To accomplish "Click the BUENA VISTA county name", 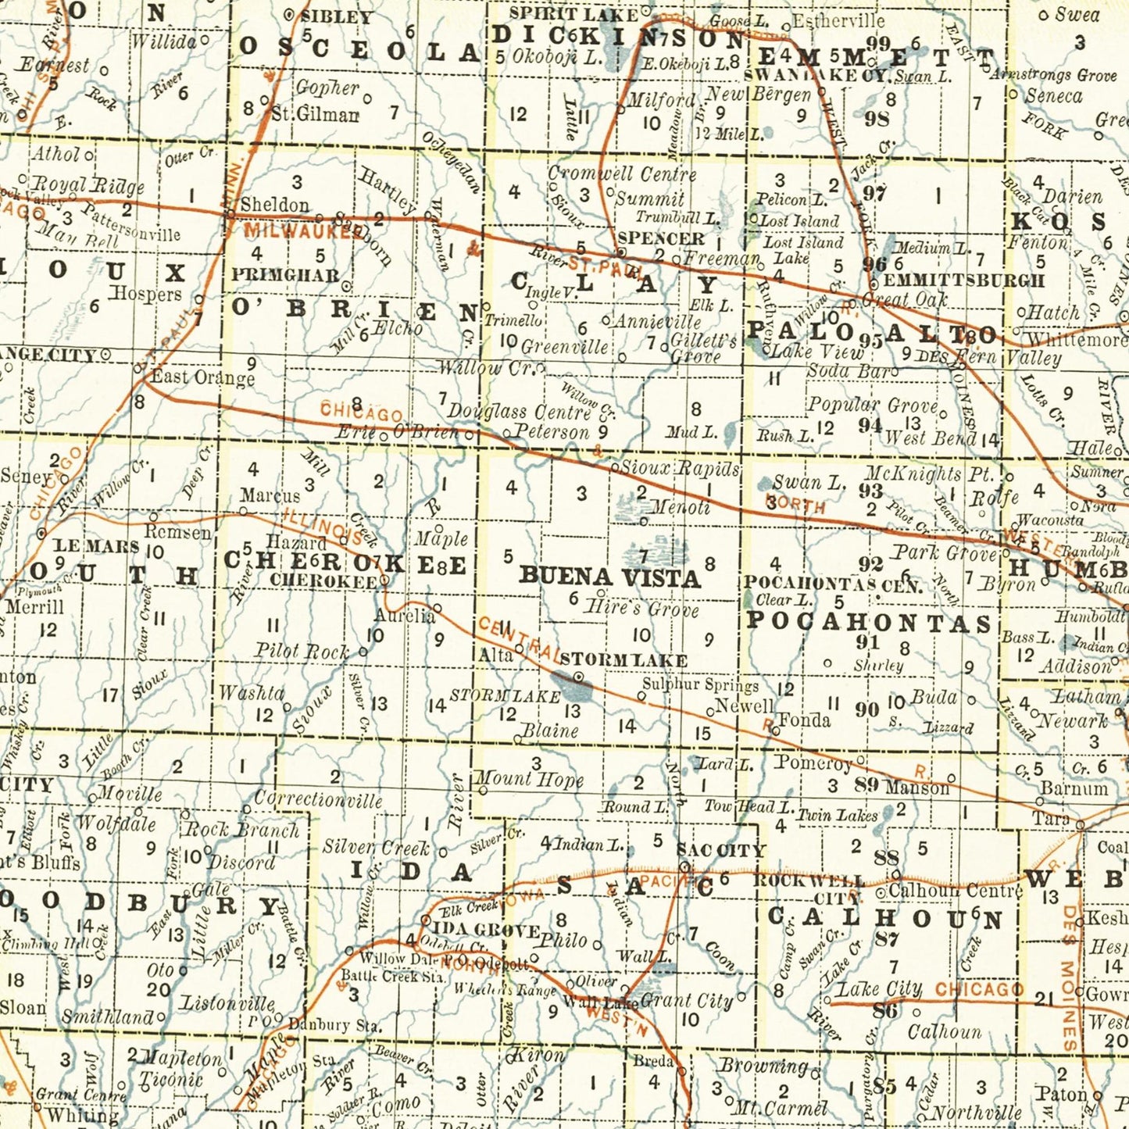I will pos(609,577).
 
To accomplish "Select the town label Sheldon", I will pos(274,205).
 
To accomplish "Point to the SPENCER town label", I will pos(660,238).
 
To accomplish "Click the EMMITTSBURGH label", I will pos(963,280).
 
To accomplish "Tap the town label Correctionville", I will pos(318,800).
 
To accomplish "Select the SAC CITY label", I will pos(720,850).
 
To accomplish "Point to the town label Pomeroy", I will pos(813,763).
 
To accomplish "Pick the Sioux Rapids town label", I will pos(679,468).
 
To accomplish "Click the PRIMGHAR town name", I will pos(285,275).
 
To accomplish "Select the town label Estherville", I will pos(838,20).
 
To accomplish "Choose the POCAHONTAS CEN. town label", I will pos(833,583).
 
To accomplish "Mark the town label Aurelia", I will pos(404,616).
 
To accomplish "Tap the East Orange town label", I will pos(202,377).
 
